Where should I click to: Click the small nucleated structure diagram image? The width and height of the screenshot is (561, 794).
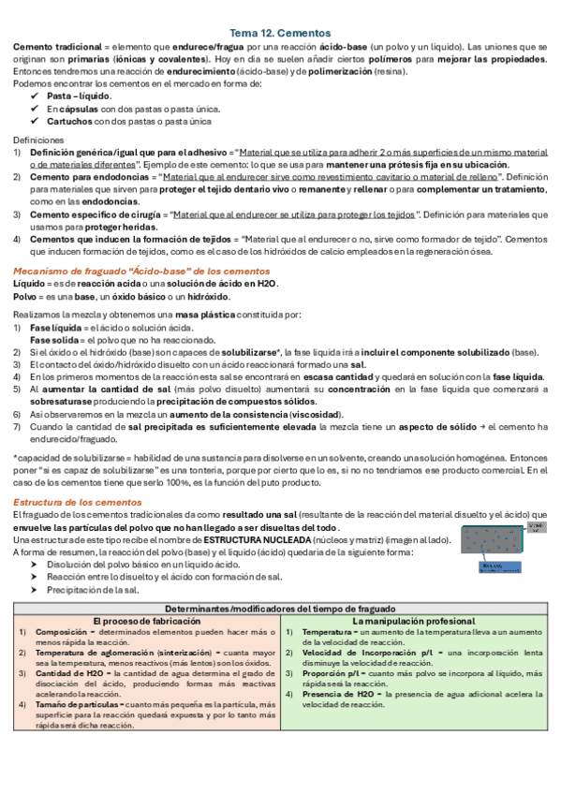click(x=503, y=547)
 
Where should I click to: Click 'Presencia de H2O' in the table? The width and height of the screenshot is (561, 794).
click(x=341, y=667)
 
